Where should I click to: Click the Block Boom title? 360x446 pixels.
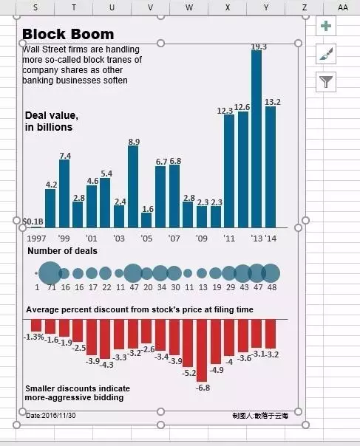point(68,34)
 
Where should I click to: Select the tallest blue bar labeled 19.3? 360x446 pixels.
point(257,139)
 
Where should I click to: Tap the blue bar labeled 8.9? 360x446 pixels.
point(133,187)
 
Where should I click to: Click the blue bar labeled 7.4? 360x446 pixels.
point(64,193)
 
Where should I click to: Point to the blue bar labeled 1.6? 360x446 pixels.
point(146,220)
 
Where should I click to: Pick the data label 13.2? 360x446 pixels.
point(273,102)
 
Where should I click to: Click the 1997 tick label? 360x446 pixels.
point(36,239)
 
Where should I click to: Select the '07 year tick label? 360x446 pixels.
point(174,238)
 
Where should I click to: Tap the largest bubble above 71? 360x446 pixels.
point(50,273)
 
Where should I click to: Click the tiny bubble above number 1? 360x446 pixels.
point(36,273)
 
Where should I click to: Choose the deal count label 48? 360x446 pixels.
point(272,287)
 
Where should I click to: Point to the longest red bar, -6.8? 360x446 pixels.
point(202,350)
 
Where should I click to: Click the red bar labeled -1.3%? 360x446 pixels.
point(36,325)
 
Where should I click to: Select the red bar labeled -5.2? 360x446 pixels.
point(188,343)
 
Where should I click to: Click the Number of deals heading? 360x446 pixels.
point(62,251)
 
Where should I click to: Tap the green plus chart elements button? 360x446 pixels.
point(326,26)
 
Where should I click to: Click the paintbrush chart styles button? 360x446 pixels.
point(326,54)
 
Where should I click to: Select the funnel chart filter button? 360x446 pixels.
point(326,82)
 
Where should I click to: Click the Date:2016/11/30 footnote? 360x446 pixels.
point(51,415)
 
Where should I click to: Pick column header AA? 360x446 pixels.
point(342,7)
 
